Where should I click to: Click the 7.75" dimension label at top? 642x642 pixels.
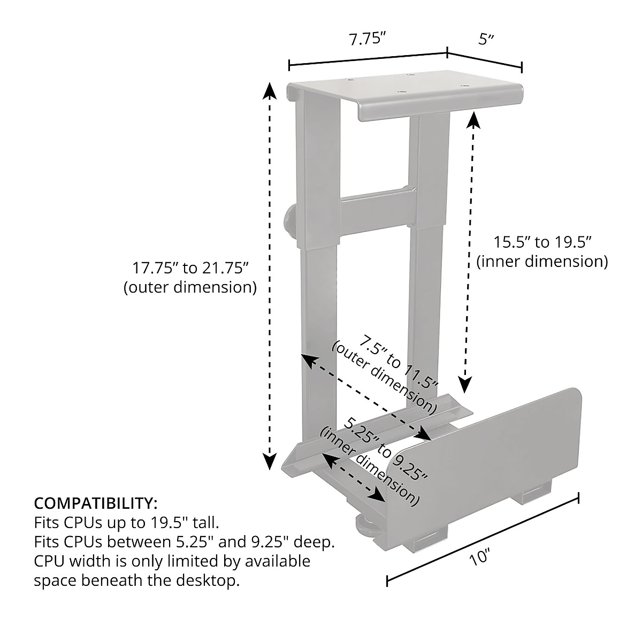[367, 39]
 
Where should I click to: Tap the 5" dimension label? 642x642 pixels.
[486, 39]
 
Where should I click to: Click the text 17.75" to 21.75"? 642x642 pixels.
[190, 266]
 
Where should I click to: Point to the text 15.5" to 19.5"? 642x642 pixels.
[541, 242]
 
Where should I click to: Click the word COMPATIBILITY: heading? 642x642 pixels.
[96, 503]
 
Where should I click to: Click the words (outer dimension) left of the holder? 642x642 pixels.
[190, 287]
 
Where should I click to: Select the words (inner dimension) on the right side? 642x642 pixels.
[541, 262]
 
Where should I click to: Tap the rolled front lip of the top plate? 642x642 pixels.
[439, 106]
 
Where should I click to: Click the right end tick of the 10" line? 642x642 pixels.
[578, 498]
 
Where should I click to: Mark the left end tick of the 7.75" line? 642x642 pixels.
[289, 66]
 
